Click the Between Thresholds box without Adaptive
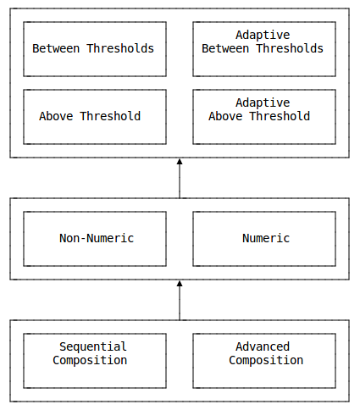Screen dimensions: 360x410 (95, 49)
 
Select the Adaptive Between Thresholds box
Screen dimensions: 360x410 (264, 49)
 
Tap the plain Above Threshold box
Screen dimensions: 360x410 (95, 117)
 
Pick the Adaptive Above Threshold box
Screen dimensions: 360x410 (264, 117)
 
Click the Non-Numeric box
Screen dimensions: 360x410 (95, 239)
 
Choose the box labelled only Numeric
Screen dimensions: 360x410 (264, 239)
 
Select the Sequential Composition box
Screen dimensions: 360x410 (95, 361)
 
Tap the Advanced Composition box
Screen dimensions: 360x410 (264, 361)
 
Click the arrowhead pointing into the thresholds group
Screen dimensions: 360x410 (180, 161)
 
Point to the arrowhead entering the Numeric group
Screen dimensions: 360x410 (180, 283)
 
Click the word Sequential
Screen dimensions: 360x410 (93, 346)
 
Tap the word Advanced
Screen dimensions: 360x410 (263, 346)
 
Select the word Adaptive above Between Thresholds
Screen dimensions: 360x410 (263, 36)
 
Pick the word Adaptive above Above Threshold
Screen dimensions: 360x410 (263, 103)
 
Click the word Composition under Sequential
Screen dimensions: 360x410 (90, 361)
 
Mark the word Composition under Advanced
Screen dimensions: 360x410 (266, 361)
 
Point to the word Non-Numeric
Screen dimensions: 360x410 (97, 238)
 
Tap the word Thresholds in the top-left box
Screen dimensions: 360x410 (120, 48)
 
